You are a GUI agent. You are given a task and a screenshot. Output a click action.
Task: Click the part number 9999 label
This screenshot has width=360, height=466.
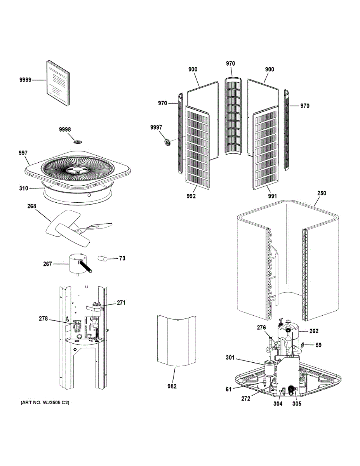[25, 80]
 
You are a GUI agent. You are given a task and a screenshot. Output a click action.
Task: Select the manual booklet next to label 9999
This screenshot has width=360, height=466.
[59, 83]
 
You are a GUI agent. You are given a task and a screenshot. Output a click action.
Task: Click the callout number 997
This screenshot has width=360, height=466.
[23, 153]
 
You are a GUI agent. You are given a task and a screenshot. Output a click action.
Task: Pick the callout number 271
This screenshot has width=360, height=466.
[121, 303]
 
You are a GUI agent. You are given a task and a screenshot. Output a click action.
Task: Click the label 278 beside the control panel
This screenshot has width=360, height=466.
[43, 319]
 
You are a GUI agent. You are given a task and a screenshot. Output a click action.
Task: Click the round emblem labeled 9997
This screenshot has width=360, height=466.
[168, 142]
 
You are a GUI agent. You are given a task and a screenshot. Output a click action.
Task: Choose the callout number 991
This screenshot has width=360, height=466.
[272, 196]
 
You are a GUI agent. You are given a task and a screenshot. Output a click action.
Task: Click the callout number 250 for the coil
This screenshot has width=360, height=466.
[322, 193]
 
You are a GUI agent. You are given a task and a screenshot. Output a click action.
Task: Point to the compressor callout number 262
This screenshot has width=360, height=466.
[313, 331]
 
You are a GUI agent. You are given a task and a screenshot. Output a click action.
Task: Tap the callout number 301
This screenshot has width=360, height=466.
[230, 357]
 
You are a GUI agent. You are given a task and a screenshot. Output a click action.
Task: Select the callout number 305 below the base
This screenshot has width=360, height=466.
[297, 404]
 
